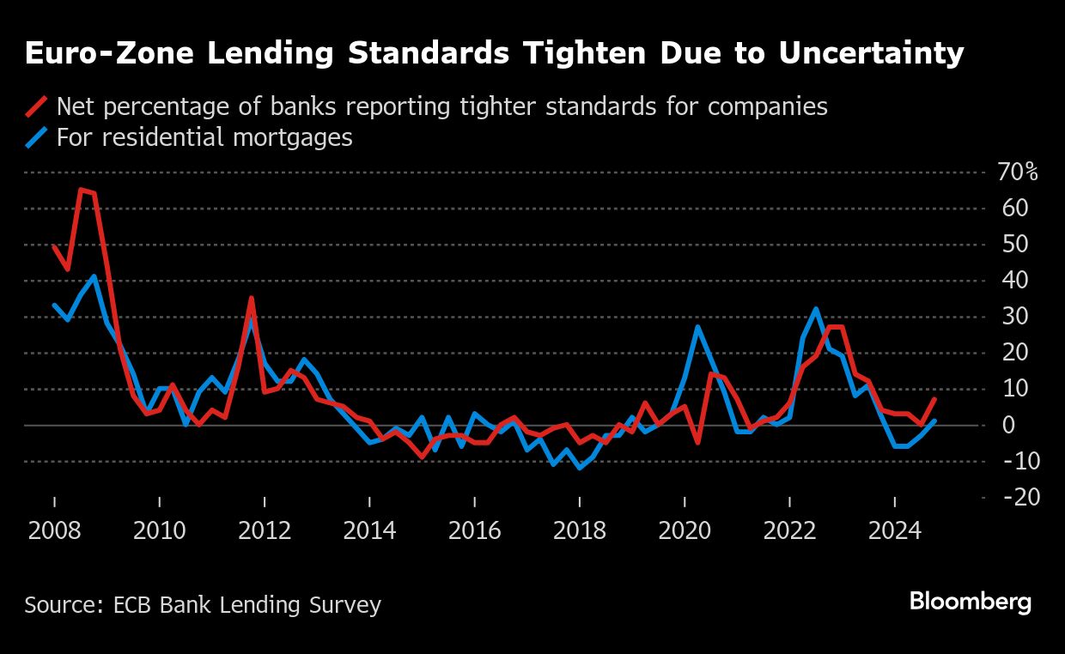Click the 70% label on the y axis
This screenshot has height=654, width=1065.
click(1019, 173)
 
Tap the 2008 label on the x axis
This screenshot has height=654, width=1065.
click(54, 530)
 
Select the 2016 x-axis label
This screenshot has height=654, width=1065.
click(474, 530)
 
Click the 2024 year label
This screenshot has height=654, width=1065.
click(894, 530)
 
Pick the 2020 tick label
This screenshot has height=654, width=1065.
click(685, 530)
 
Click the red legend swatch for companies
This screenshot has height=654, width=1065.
click(36, 107)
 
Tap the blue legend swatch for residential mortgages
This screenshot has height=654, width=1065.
click(36, 137)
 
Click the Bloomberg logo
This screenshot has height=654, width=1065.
click(971, 602)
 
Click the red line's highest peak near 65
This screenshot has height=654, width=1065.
click(81, 190)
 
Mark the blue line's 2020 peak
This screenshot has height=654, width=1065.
click(697, 326)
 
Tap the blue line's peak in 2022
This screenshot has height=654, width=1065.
click(816, 309)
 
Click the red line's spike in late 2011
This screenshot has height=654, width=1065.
click(251, 298)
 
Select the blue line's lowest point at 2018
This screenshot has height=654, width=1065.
click(580, 468)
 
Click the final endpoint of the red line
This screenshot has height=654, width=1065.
click(934, 399)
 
